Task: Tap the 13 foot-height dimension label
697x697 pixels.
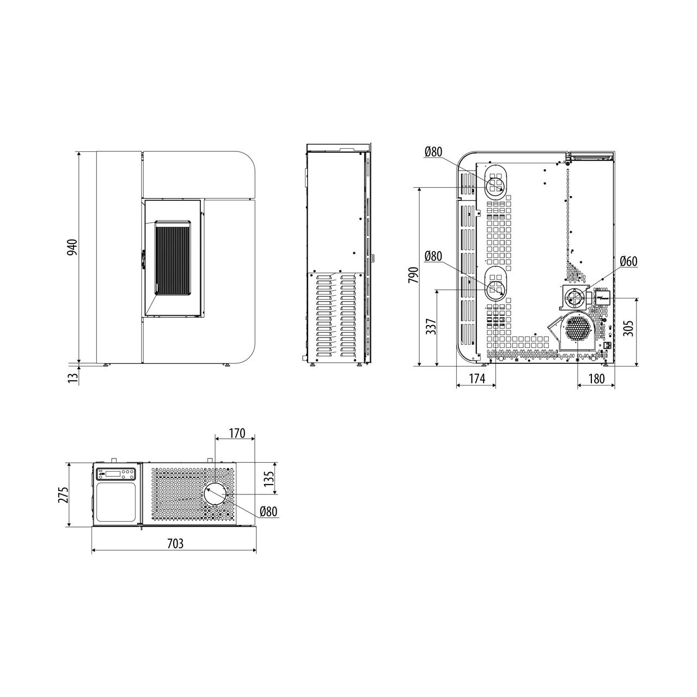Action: (x=74, y=377)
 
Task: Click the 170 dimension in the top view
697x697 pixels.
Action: (x=237, y=433)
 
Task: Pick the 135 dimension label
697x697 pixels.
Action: (x=268, y=478)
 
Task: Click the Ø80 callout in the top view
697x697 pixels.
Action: (x=268, y=511)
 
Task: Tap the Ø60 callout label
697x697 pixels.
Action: (x=628, y=261)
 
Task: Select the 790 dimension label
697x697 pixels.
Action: (x=414, y=275)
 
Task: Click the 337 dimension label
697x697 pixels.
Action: (x=431, y=326)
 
